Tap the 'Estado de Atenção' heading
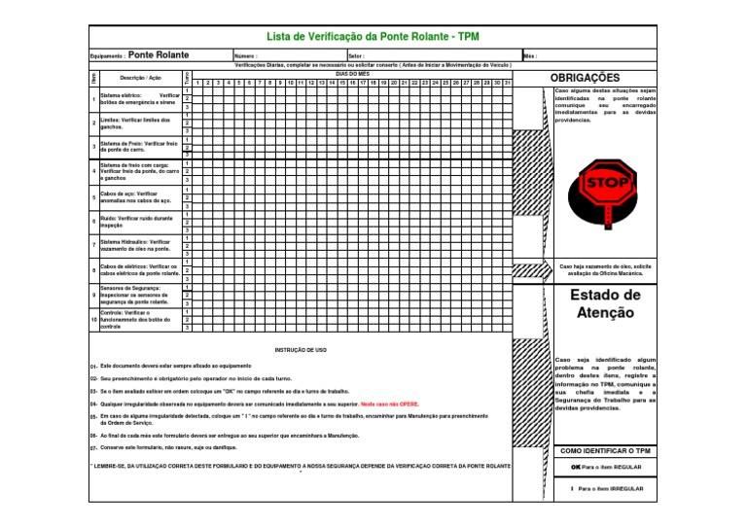click(x=604, y=303)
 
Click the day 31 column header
click(x=507, y=83)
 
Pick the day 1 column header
click(x=197, y=83)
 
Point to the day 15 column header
click(x=341, y=83)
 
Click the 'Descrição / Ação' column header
click(x=134, y=77)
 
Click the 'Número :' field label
click(x=245, y=56)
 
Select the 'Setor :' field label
click(x=356, y=56)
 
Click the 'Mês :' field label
click(x=530, y=56)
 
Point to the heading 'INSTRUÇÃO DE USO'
click(x=301, y=348)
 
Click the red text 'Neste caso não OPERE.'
click(x=391, y=402)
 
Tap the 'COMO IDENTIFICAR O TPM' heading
click(x=604, y=450)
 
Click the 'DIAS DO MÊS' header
click(x=351, y=74)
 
